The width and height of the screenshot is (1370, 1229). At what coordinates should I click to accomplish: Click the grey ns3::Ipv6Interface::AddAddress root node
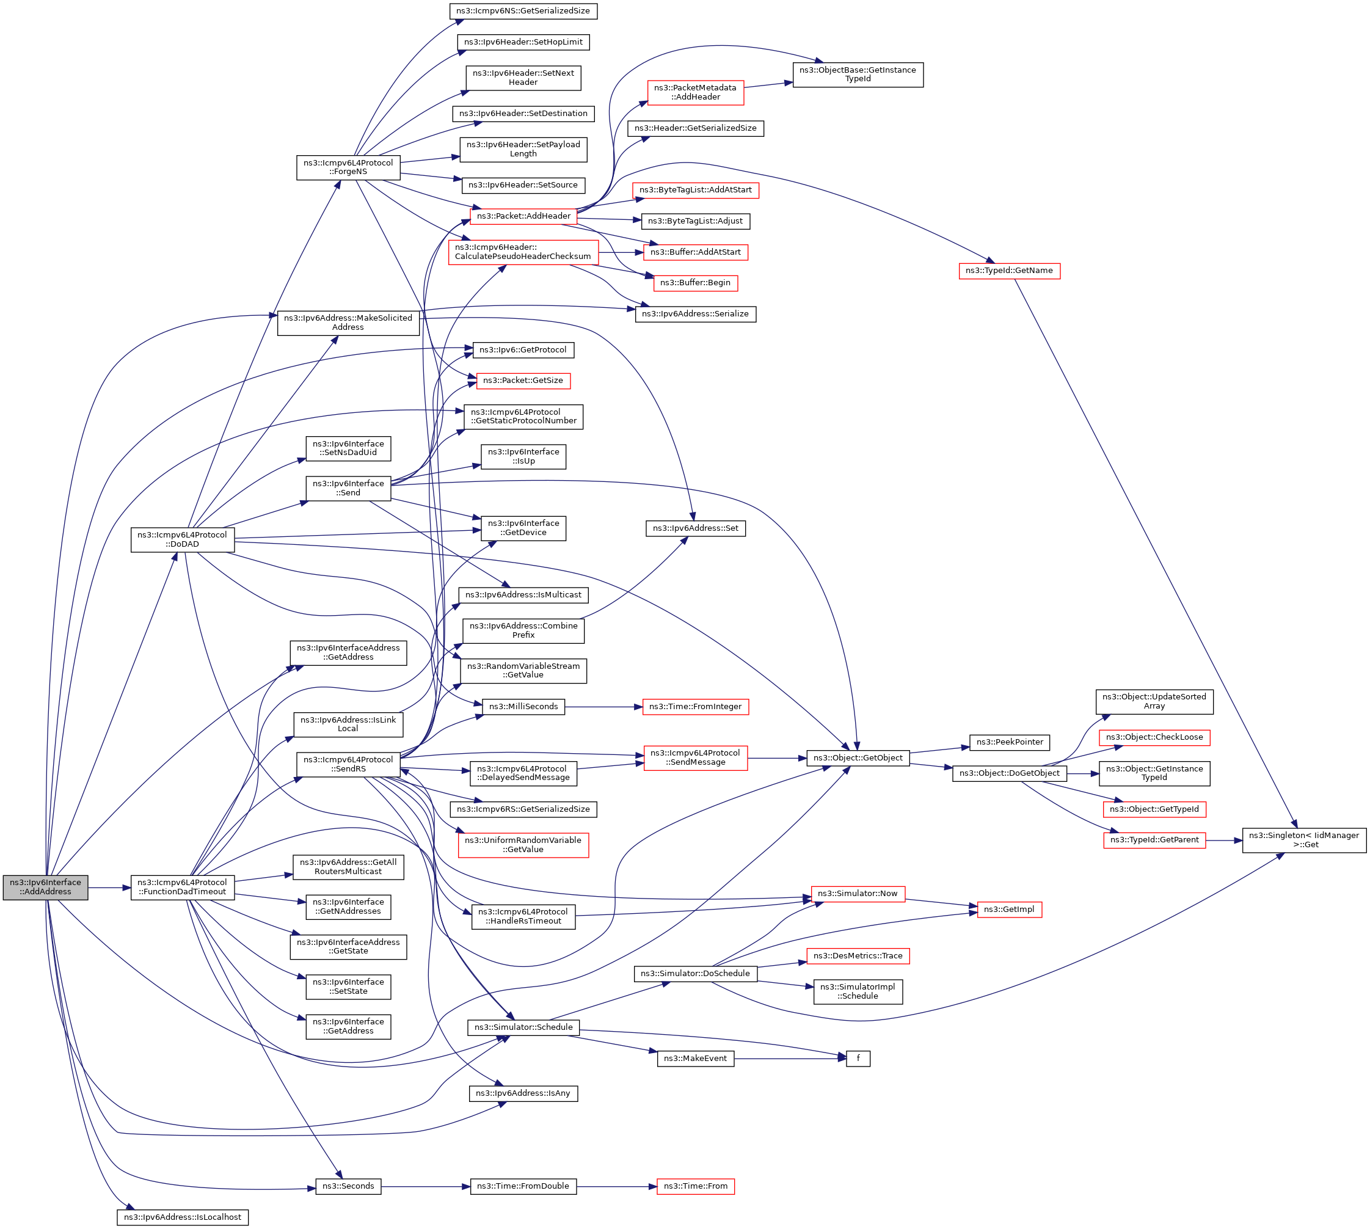pos(45,887)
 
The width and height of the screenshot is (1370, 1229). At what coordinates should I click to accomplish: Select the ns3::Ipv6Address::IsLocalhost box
pos(182,1217)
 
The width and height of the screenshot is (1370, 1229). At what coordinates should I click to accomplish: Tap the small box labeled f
pos(858,1058)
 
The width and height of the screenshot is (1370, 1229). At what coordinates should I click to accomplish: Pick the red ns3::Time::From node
pos(696,1186)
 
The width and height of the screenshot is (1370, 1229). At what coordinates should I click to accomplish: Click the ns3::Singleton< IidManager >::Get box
pos(1303,840)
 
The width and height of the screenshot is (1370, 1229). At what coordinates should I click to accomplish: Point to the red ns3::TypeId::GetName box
pos(1009,271)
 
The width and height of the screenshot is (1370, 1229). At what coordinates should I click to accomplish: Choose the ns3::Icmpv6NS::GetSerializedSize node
pos(523,11)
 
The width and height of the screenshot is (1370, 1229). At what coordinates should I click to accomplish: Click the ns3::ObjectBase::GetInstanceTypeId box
pos(858,75)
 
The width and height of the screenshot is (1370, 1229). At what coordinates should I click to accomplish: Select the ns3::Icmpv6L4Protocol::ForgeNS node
pos(348,167)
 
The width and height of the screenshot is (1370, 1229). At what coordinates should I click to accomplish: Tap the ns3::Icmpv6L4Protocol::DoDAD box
pos(182,539)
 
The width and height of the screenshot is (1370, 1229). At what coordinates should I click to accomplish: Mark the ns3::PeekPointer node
pos(1010,742)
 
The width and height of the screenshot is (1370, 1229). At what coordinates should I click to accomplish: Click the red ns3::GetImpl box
pos(1009,909)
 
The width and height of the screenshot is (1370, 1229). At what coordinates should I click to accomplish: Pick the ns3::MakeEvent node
pos(695,1058)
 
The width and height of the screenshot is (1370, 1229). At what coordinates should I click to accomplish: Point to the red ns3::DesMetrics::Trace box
pos(858,955)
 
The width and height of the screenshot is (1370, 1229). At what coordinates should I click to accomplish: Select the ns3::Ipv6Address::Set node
pos(695,528)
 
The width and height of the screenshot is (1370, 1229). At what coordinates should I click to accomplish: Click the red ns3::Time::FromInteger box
pos(695,706)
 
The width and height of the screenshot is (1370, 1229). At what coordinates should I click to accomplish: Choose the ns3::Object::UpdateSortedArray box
pos(1154,702)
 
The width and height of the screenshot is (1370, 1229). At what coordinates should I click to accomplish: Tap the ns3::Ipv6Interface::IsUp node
pos(523,456)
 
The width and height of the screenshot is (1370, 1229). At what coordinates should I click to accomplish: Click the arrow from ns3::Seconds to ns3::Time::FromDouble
pos(425,1186)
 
